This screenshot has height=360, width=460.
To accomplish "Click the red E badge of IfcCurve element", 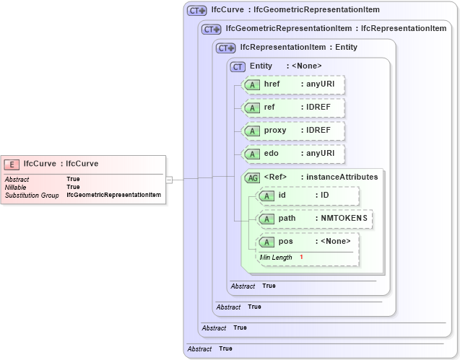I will point(12,164).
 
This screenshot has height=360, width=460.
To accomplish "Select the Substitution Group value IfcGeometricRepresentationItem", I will point(113,196).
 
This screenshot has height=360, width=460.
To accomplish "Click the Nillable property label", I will point(15,187).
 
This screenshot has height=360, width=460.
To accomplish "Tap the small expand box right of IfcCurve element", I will point(169,179).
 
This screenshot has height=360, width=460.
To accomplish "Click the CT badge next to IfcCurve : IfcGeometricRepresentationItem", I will point(196,11).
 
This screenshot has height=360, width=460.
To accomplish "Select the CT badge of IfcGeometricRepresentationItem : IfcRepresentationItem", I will point(211,29).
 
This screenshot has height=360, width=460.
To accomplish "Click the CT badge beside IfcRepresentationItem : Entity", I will point(225,48).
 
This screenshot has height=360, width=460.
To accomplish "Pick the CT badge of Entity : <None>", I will point(238,66).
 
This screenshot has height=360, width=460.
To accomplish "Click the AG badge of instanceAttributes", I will point(253,177).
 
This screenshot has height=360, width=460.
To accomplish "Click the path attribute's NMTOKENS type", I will point(344,219).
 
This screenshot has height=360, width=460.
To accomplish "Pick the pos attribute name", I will point(285,242).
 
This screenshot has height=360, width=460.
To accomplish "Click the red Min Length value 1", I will point(301,258).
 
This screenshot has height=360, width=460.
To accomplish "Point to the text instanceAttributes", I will point(342,177).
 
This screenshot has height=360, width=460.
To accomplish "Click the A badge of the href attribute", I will point(252,85).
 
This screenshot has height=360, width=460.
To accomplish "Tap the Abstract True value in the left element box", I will point(73,178).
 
